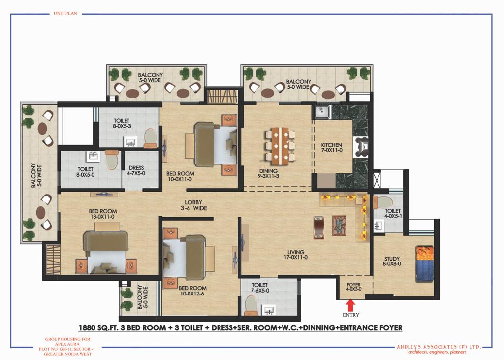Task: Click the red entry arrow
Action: [x=350, y=305]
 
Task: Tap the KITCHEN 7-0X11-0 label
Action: [x=332, y=147]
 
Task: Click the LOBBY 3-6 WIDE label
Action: [x=193, y=205]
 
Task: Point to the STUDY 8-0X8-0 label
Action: [x=392, y=261]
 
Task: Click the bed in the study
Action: [x=424, y=264]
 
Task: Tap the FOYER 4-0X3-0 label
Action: [x=353, y=287]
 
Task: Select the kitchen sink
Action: [x=322, y=112]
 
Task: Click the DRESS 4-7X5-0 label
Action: [x=136, y=170]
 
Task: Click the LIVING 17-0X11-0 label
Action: [x=296, y=255]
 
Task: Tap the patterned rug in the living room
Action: [x=340, y=226]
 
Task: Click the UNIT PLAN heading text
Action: [x=65, y=13]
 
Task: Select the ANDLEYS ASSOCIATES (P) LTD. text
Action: [x=439, y=347]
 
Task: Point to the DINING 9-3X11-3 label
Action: [x=268, y=173]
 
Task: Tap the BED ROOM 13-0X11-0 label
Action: [x=103, y=214]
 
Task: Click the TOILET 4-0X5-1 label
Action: [x=393, y=213]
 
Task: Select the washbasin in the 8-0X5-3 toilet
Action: [x=131, y=142]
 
